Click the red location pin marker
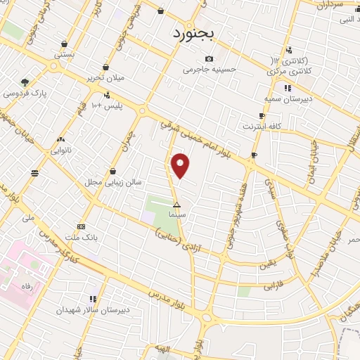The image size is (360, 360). (181, 166)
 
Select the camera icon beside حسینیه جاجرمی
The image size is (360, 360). (208, 58)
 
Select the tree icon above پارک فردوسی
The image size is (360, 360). (25, 82)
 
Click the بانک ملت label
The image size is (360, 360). (80, 238)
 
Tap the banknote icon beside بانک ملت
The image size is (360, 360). (82, 226)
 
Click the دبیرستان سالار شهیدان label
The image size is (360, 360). (94, 309)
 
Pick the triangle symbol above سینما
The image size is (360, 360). (176, 204)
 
